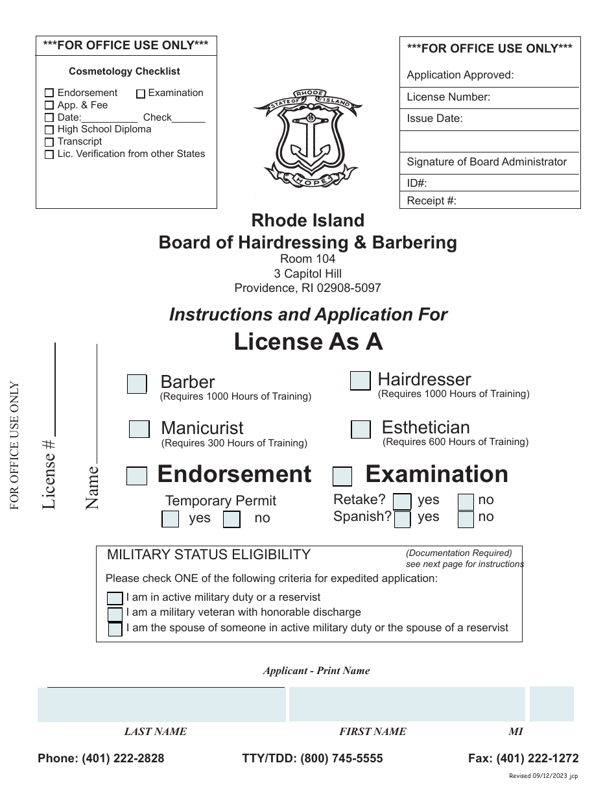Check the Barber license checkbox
[x=137, y=384]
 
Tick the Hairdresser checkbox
[x=360, y=381]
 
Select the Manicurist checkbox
[x=139, y=429]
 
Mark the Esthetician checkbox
[x=361, y=429]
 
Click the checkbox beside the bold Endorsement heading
[x=137, y=476]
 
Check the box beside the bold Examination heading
[x=342, y=477]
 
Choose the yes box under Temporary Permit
[x=170, y=519]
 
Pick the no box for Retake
[x=466, y=502]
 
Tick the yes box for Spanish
[x=403, y=519]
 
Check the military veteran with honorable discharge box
[x=115, y=614]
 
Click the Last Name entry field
[x=161, y=705]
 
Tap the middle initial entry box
[x=551, y=704]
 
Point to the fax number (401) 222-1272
[x=523, y=758]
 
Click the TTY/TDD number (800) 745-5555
[x=313, y=758]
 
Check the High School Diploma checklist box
[x=49, y=130]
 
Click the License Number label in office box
[x=449, y=97]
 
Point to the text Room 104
[x=307, y=259]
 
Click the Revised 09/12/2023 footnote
[x=544, y=775]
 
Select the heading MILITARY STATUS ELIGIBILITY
[x=208, y=555]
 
